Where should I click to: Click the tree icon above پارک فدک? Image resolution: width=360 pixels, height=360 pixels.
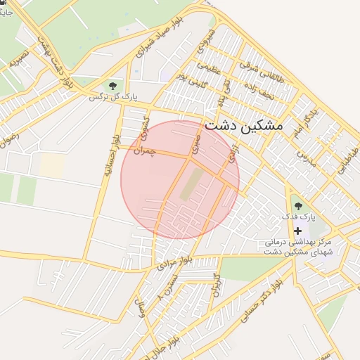tap(298, 206)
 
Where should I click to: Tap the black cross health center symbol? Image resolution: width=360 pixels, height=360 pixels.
tap(298, 231)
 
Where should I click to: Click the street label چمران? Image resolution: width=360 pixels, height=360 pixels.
tap(141, 150)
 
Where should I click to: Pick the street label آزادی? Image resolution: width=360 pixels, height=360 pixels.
tap(235, 152)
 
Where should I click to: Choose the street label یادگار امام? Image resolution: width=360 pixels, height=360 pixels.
tap(305, 122)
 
